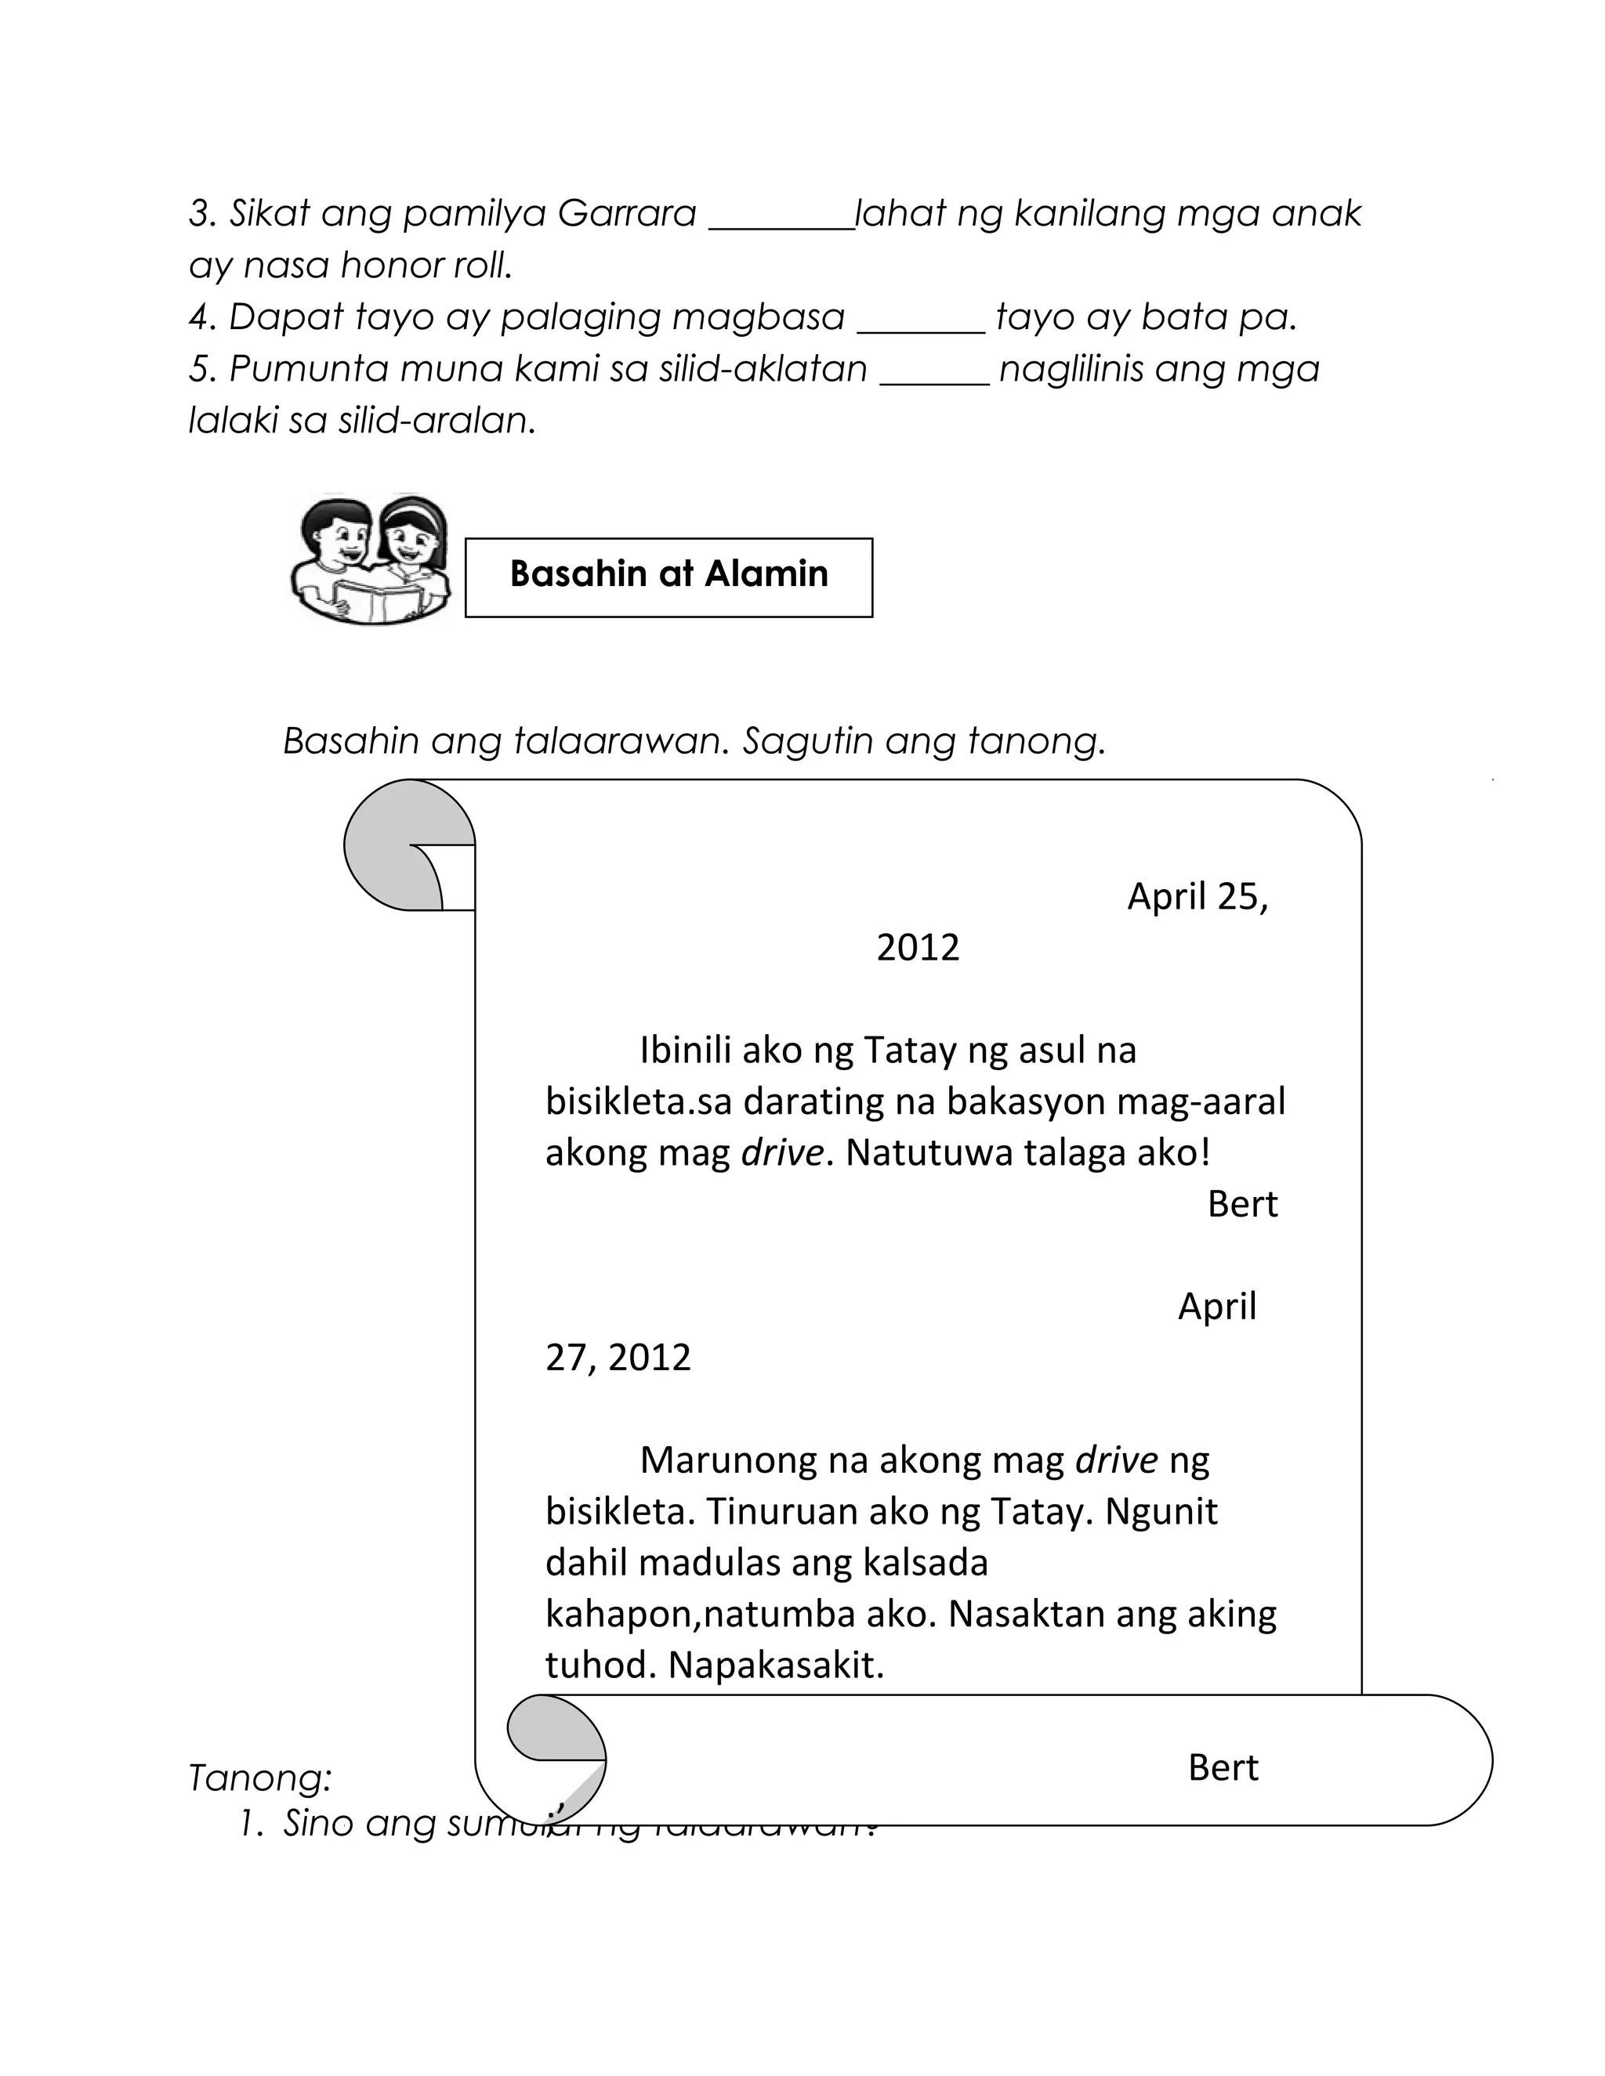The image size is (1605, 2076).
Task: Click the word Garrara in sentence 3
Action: pos(627,214)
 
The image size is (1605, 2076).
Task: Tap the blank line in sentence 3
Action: pos(781,226)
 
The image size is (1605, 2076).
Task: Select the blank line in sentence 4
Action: pos(920,330)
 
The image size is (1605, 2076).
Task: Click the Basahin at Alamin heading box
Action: pos(668,577)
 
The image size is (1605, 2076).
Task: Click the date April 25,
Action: pos(1197,896)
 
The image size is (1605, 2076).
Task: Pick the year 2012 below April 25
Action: pos(918,948)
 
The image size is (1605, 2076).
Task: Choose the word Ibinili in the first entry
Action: pos(685,1051)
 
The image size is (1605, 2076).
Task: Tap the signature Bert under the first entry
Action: pos(1242,1204)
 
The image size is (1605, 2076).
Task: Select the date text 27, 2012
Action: pos(618,1358)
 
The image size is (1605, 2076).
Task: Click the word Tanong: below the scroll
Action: pos(259,1778)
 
